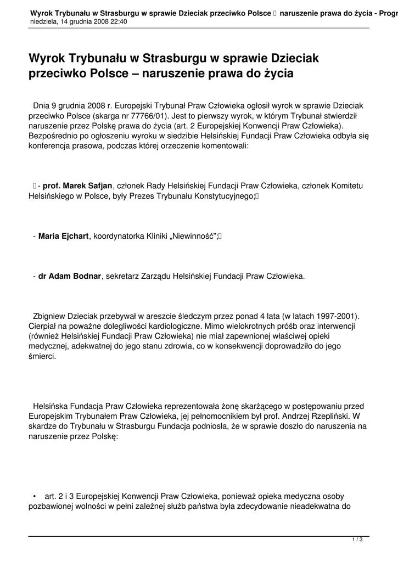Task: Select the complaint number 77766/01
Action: tap(149, 116)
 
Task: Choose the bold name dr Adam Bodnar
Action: tap(70, 276)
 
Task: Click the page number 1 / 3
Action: tap(357, 541)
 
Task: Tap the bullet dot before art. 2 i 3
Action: tap(34, 496)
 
